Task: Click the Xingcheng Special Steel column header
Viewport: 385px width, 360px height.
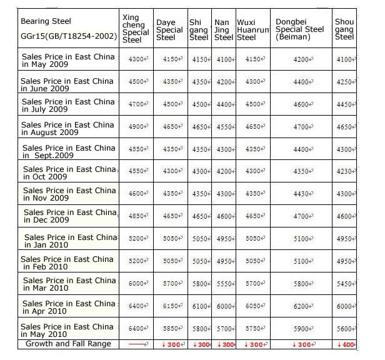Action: point(135,29)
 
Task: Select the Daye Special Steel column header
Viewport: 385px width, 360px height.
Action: point(169,30)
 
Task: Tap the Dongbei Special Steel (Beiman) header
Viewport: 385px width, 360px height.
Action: point(300,30)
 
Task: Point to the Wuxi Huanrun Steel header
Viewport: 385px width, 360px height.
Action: point(252,30)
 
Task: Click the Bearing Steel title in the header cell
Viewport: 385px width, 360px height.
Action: point(46,21)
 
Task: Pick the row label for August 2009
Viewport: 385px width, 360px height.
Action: point(67,128)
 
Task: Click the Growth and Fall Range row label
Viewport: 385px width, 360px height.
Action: point(68,344)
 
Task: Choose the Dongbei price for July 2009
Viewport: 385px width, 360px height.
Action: point(302,105)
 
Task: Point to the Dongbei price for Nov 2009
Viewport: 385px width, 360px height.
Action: point(302,194)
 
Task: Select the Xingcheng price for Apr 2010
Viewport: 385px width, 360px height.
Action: point(136,306)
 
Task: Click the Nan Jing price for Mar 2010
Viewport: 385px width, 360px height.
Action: point(224,283)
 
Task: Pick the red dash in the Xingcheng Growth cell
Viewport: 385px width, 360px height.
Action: point(135,345)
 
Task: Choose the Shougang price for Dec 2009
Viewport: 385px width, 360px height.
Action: point(344,217)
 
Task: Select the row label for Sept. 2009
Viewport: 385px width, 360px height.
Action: point(69,152)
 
